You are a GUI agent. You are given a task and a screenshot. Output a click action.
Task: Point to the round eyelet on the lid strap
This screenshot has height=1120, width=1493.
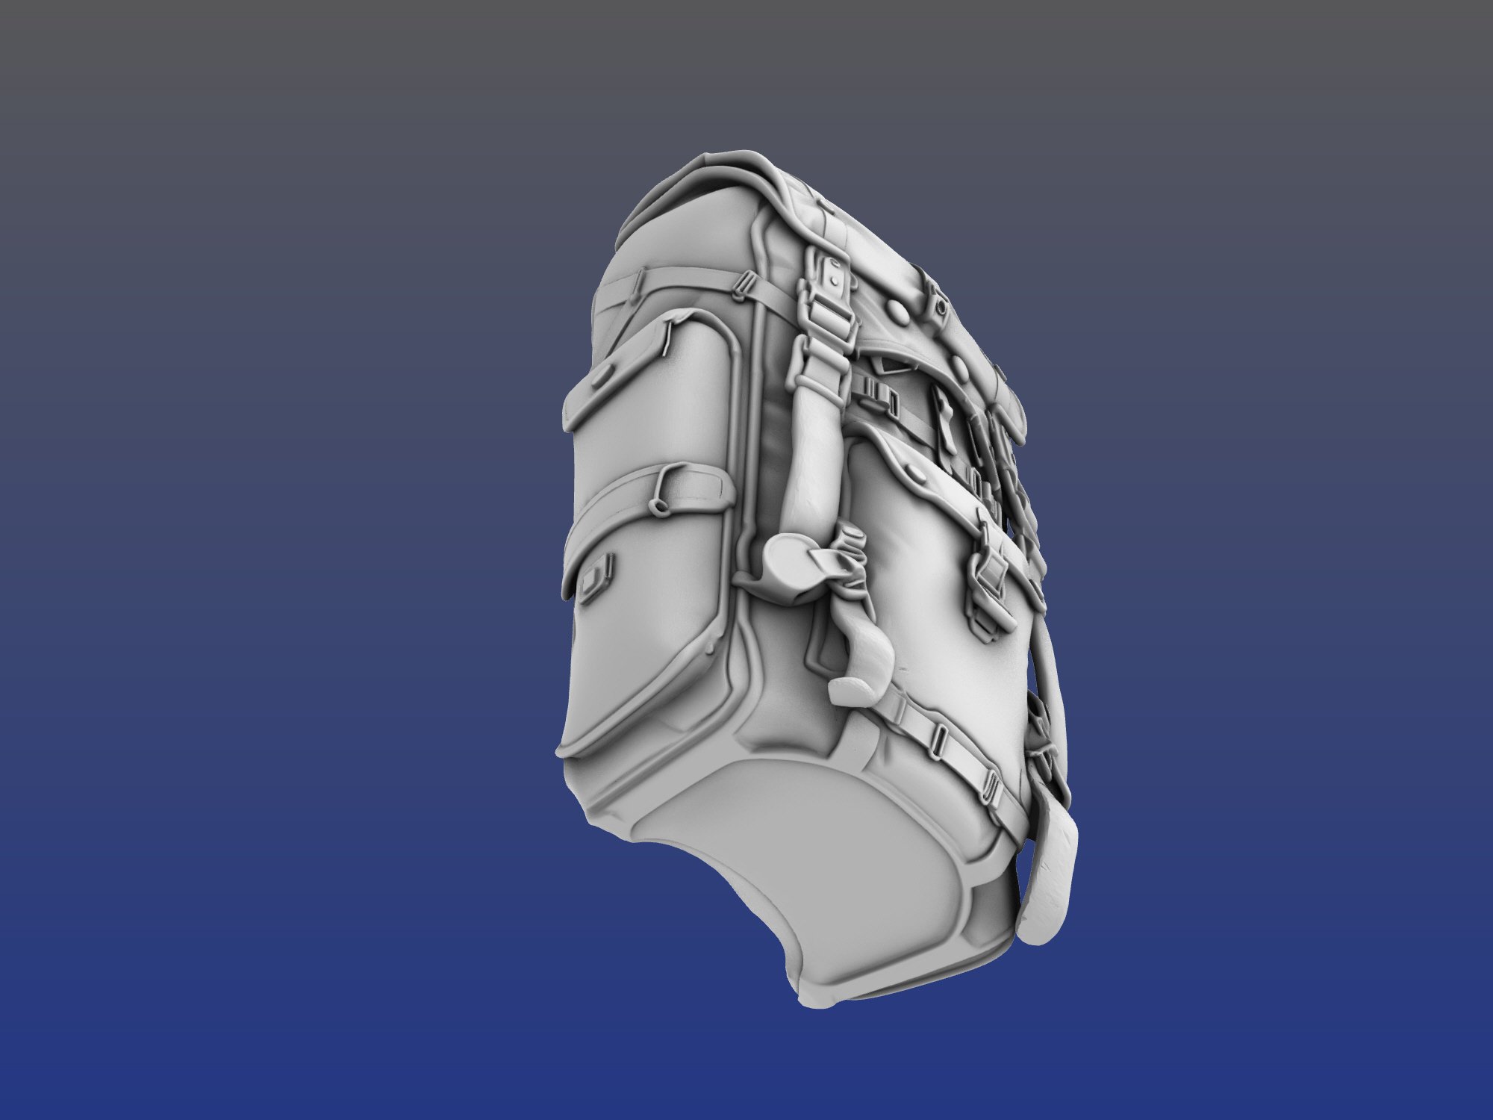pyautogui.click(x=940, y=306)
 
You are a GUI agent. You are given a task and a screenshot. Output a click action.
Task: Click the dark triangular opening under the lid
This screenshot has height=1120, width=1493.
pyautogui.click(x=892, y=364)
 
